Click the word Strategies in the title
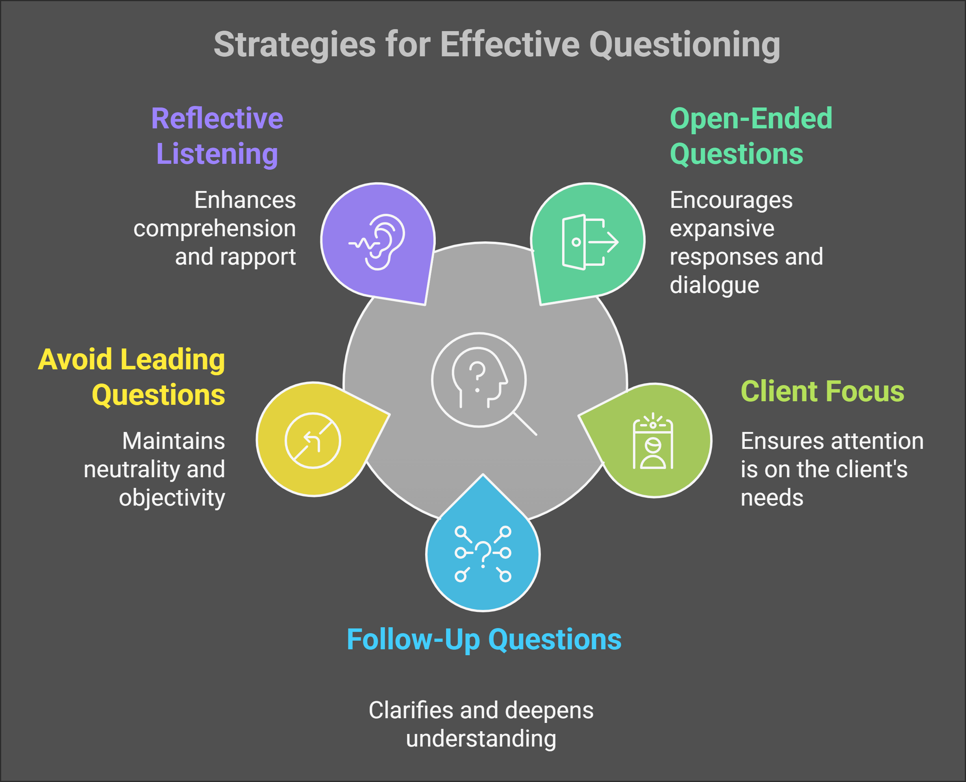(x=294, y=45)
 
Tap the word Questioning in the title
(x=685, y=45)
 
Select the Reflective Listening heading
(x=217, y=136)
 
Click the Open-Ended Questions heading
(x=751, y=136)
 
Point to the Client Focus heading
(x=822, y=391)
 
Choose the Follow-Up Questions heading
(x=484, y=639)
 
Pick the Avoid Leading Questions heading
(x=131, y=378)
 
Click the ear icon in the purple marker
(x=378, y=242)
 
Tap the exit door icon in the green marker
(x=590, y=242)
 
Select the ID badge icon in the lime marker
(x=653, y=441)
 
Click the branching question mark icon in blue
(x=483, y=554)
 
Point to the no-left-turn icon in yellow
(x=313, y=441)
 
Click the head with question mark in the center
(x=479, y=378)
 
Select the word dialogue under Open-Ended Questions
(x=714, y=285)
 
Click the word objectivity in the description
(x=172, y=498)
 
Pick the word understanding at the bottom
(x=481, y=739)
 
